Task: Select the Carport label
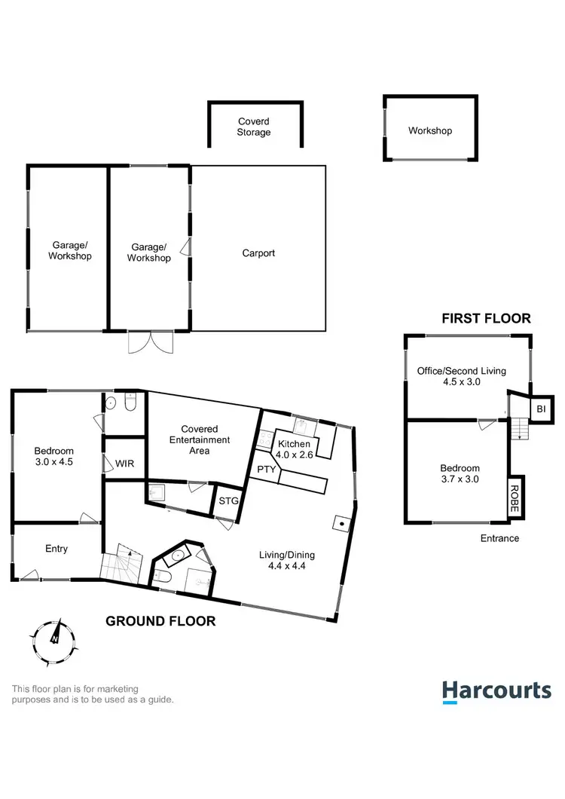(x=258, y=253)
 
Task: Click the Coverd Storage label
(x=254, y=127)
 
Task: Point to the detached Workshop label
(x=430, y=130)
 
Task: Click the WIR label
(x=124, y=463)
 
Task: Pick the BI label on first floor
(x=541, y=409)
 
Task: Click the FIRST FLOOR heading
(x=486, y=318)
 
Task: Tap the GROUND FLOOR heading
(x=160, y=621)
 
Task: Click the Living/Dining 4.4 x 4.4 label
(x=287, y=560)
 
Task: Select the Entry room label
(x=56, y=549)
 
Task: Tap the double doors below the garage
(x=150, y=343)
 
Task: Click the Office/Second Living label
(x=462, y=376)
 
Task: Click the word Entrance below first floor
(x=499, y=538)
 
